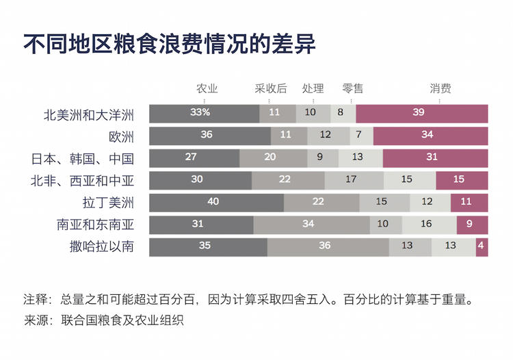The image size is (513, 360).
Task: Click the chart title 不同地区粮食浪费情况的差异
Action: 169,44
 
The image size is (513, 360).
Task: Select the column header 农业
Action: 207,88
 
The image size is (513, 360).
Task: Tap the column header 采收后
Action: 271,88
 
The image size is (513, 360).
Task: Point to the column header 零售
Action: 353,88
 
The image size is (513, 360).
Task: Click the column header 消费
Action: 440,88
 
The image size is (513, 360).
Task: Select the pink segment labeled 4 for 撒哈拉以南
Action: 482,247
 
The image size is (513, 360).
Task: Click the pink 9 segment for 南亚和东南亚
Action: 472,224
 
